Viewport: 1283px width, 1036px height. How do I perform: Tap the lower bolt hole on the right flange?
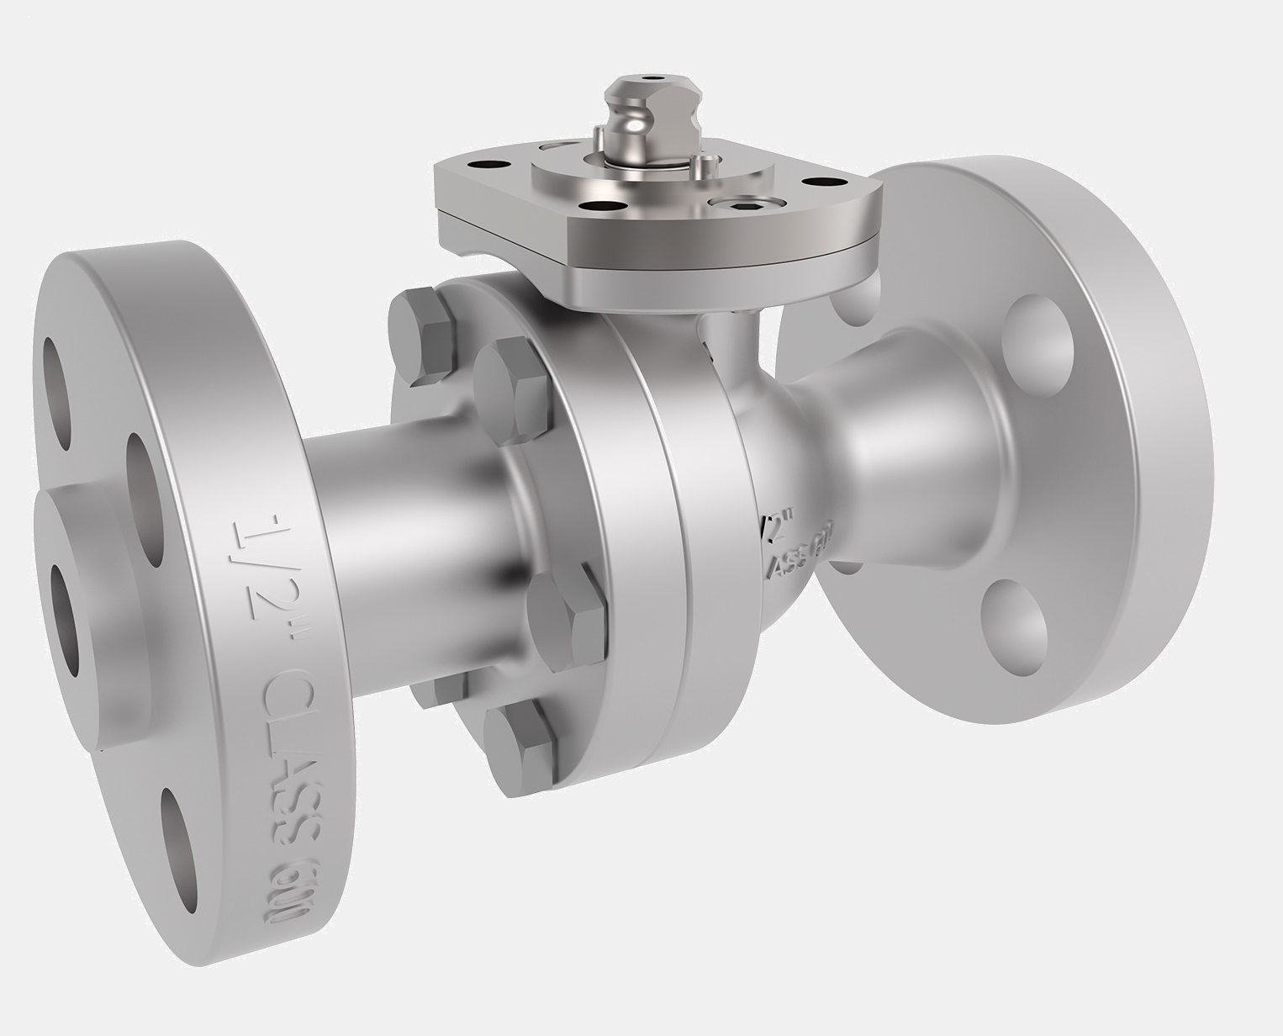(x=1014, y=622)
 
